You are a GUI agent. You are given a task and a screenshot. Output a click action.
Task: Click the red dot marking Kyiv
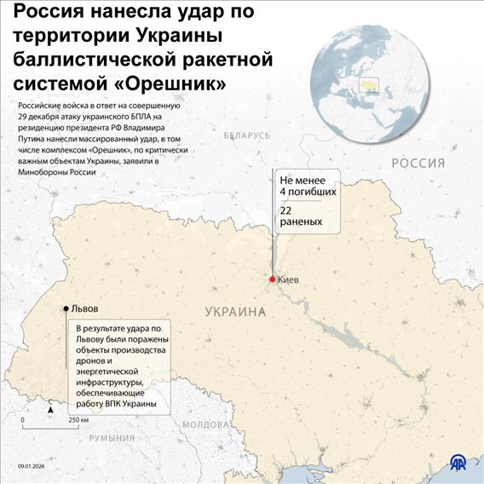point(272,279)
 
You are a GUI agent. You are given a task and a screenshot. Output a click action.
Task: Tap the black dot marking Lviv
point(66,308)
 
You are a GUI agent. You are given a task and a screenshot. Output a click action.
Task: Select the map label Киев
point(289,279)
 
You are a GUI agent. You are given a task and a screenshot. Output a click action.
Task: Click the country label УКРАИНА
point(235,313)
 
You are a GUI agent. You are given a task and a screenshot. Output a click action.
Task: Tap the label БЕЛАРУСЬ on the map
point(247,135)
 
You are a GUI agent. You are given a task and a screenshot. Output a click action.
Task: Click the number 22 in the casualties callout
point(288,209)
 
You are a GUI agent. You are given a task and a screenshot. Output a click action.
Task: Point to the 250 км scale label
point(79,421)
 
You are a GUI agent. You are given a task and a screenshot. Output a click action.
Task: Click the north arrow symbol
point(51,409)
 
